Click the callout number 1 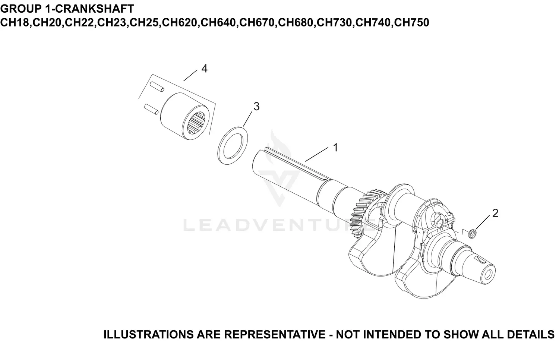click(x=335, y=148)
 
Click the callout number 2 click(x=495, y=213)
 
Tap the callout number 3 click(x=256, y=106)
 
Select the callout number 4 click(x=204, y=69)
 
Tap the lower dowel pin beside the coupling click(x=151, y=108)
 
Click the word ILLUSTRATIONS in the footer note click(x=149, y=334)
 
